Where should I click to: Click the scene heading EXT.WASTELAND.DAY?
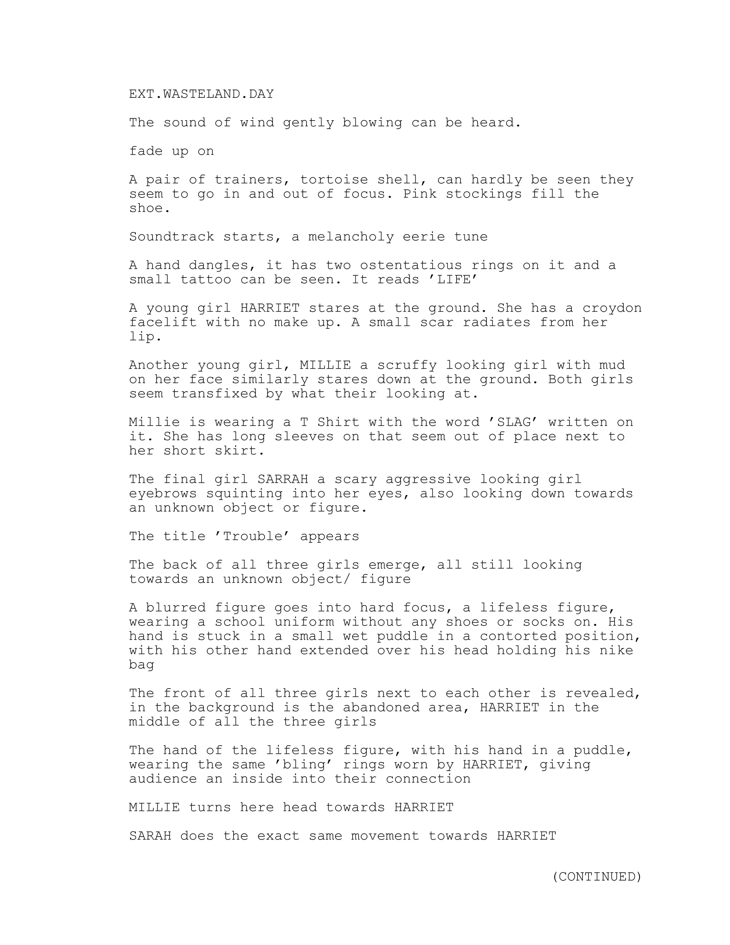(x=201, y=94)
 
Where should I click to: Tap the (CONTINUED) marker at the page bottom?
(x=597, y=876)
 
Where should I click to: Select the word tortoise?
(x=334, y=180)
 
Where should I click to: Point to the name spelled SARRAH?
(x=282, y=479)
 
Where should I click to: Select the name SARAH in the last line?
(x=150, y=836)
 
